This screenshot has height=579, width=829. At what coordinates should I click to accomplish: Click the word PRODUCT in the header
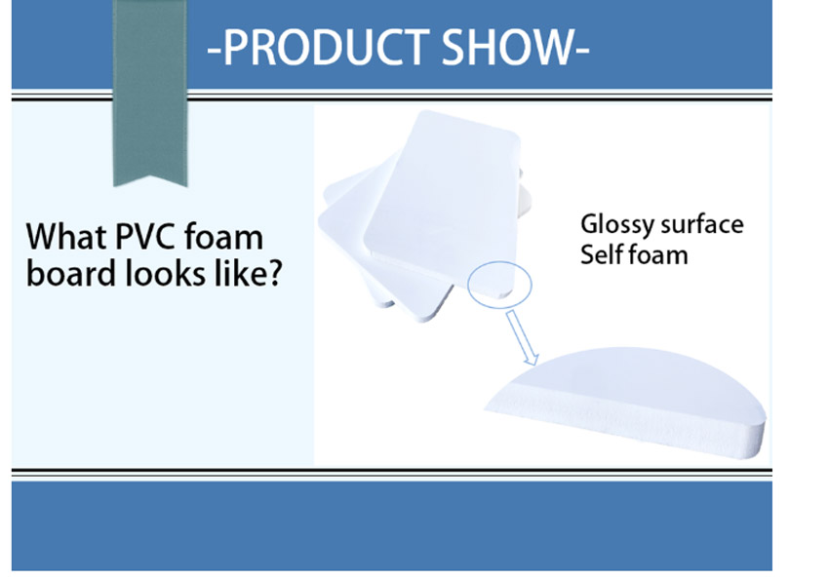326,48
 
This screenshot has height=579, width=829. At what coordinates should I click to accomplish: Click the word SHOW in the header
507,48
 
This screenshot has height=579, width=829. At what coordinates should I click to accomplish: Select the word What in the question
66,236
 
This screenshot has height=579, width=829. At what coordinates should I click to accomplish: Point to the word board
71,273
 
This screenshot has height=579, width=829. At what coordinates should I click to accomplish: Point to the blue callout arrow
523,337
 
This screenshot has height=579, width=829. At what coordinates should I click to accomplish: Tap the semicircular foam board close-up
629,402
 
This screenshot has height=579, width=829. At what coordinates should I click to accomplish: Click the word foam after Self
657,254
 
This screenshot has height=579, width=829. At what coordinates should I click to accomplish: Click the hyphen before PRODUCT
215,52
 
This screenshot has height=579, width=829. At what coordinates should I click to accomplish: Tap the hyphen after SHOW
582,52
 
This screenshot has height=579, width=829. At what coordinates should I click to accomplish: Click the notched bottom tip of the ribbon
150,176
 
